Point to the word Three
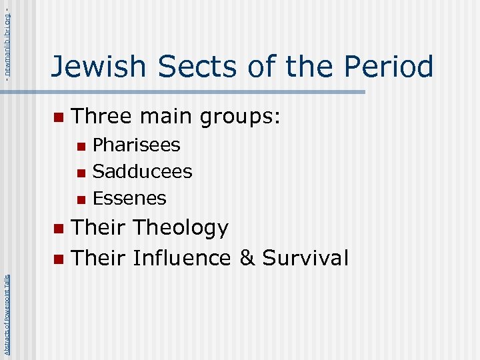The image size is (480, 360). click(101, 117)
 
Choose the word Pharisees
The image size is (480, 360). click(136, 145)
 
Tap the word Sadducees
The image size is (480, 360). click(142, 171)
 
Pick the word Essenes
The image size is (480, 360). click(129, 198)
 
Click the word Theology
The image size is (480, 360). click(181, 228)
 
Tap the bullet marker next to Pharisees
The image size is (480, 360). click(81, 146)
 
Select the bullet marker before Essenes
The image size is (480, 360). click(81, 199)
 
